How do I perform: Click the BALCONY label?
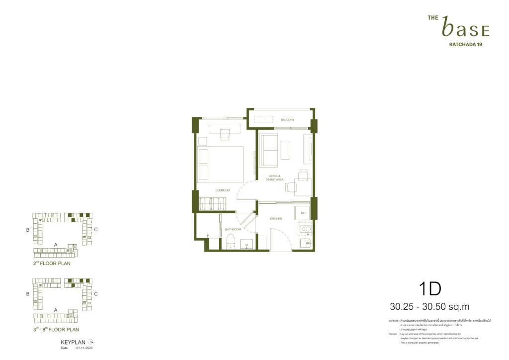click(x=287, y=120)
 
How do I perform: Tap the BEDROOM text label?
click(x=222, y=190)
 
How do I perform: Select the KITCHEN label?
click(x=276, y=219)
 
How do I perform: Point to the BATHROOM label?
click(x=233, y=229)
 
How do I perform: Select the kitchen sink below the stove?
click(x=305, y=243)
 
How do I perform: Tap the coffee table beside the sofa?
click(x=285, y=150)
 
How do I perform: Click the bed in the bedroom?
click(x=225, y=164)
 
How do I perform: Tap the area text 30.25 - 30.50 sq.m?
click(x=429, y=307)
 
